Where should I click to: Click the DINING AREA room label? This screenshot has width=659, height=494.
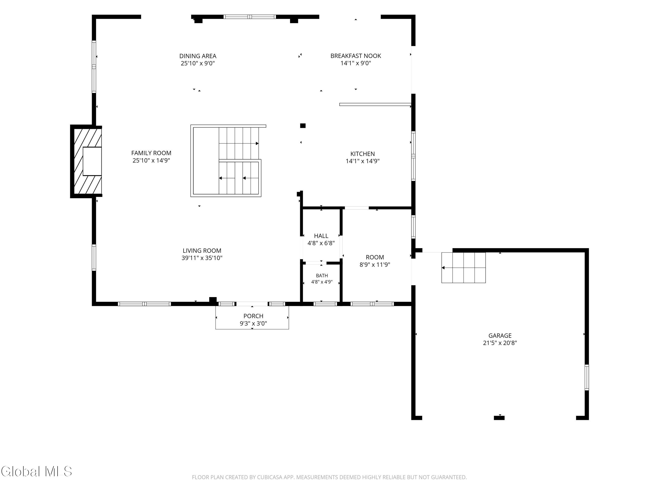(198, 56)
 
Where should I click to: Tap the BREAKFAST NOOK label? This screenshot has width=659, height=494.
(356, 56)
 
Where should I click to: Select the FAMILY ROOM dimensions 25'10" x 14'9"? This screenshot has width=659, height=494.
(151, 160)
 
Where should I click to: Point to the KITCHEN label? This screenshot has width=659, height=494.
(363, 154)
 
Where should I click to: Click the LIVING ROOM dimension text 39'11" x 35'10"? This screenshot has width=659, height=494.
(202, 258)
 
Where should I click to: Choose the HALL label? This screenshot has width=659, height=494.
(321, 236)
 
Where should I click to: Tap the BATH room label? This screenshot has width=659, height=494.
(322, 276)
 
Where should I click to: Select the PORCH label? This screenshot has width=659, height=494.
(253, 316)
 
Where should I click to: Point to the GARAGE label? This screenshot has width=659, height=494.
(500, 335)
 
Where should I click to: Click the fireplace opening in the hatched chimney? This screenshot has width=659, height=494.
(92, 161)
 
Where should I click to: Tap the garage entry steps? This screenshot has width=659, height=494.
(463, 268)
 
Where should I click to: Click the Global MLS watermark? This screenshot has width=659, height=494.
(36, 471)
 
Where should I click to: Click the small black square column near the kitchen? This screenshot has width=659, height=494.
(303, 126)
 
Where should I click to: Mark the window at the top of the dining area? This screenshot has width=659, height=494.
(250, 17)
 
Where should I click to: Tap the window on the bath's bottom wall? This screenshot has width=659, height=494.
(325, 304)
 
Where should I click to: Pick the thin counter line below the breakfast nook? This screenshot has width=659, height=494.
(375, 105)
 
